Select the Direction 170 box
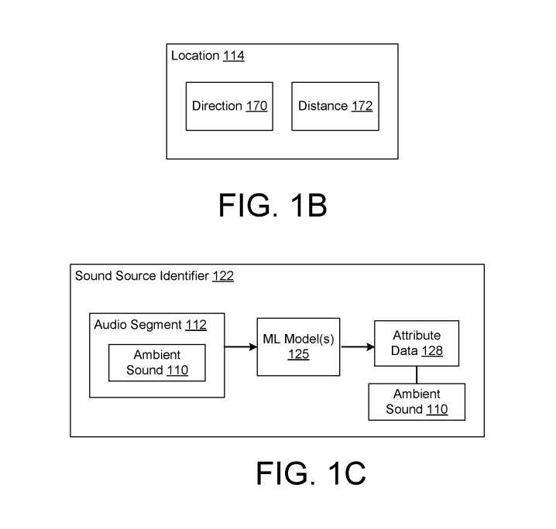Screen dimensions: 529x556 pos(229,106)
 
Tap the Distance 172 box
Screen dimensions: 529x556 pos(335,106)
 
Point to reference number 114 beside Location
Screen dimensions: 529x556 pos(233,56)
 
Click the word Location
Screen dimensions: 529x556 pos(195,56)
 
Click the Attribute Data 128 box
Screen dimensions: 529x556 pos(417,343)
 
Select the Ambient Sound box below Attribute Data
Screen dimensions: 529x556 pos(416,401)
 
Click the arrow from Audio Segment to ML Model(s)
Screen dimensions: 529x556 pos(241,347)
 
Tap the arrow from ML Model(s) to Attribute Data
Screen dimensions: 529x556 pos(357,347)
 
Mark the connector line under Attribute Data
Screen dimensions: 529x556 pos(417,375)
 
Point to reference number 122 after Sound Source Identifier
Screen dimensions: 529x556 pos(222,276)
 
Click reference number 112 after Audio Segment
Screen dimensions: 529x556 pos(195,325)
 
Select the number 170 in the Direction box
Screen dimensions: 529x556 pos(256,106)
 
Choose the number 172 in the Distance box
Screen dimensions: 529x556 pos(362,106)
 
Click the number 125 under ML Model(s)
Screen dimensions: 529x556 pos(298,355)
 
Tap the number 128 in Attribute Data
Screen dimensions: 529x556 pos(431,351)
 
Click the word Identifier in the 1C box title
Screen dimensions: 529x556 pos(181,276)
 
